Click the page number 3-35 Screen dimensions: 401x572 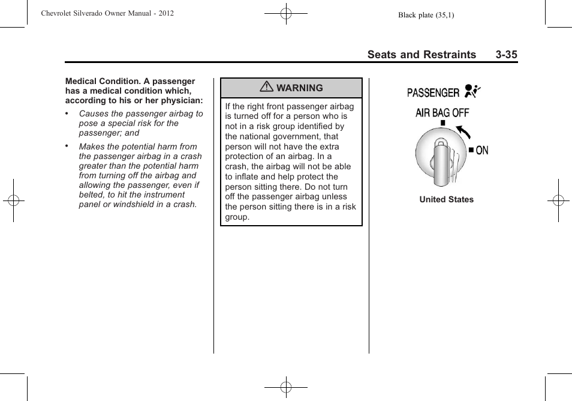coord(506,55)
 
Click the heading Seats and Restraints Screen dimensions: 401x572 coord(422,55)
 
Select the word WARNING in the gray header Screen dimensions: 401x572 coord(299,88)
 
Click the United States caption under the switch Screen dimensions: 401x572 coord(446,200)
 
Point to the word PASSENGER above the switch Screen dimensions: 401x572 coord(433,92)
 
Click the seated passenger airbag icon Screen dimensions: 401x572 coord(471,92)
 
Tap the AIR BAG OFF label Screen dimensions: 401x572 coord(442,113)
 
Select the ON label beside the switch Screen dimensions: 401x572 coord(482,151)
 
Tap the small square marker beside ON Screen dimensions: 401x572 coord(471,150)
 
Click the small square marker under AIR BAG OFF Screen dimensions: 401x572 coord(442,123)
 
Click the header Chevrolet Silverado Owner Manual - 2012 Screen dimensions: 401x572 coord(107,13)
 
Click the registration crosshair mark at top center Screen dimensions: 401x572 coord(286,13)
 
